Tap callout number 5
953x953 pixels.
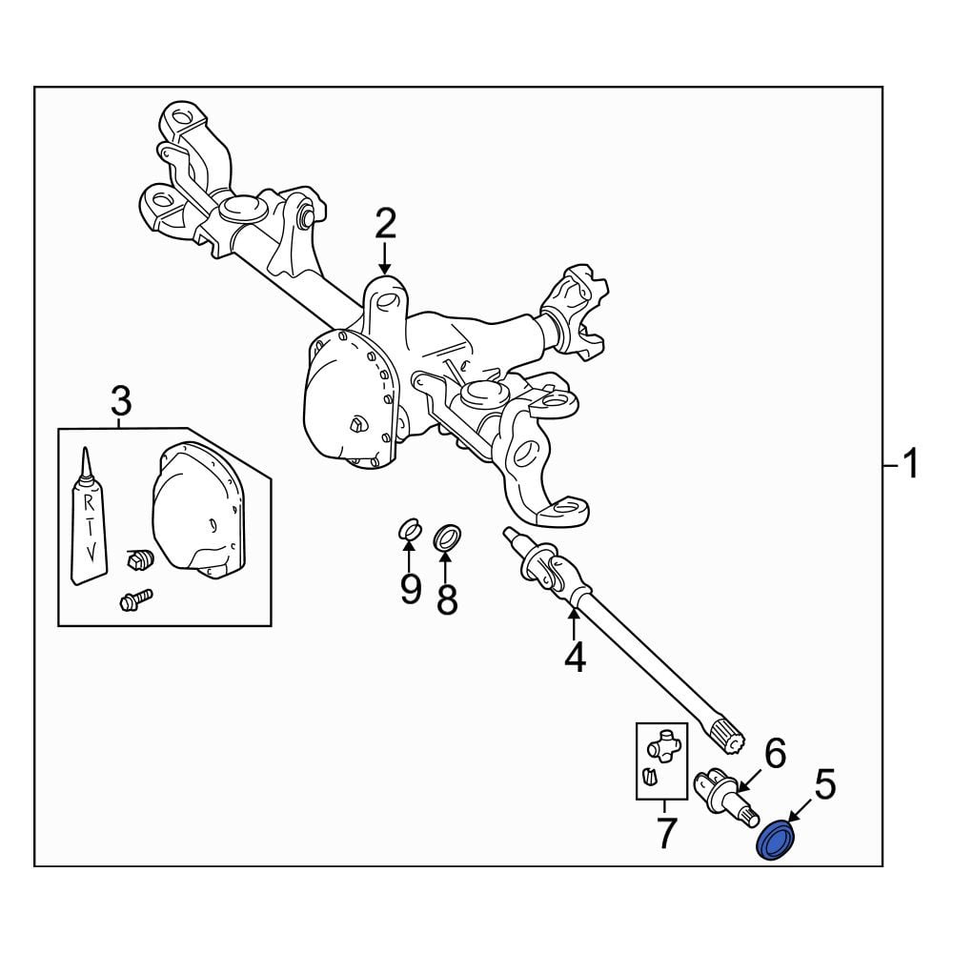[x=824, y=784]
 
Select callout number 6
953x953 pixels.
[x=775, y=753]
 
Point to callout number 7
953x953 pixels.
[x=666, y=833]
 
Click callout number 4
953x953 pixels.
[x=575, y=657]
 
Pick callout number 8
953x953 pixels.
[x=447, y=598]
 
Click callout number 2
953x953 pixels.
[x=385, y=223]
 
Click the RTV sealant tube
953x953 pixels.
[x=89, y=517]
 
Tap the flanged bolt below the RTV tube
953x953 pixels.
[x=136, y=599]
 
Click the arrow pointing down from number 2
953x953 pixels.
[x=385, y=257]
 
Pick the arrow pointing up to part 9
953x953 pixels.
[x=409, y=555]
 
